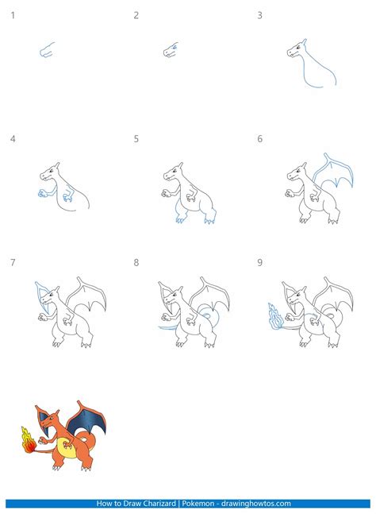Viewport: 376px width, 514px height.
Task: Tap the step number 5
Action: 136,139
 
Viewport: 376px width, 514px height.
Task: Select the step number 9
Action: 259,263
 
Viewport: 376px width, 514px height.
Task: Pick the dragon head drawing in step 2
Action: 171,50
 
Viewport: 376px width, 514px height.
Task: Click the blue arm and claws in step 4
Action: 44,192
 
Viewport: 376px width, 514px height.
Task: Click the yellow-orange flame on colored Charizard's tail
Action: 26,439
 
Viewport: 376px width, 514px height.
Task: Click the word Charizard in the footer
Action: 173,503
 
